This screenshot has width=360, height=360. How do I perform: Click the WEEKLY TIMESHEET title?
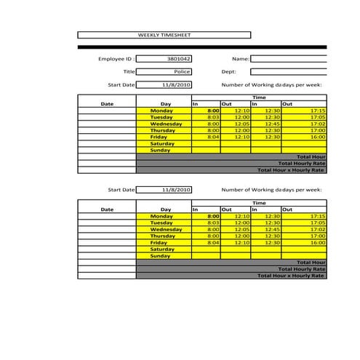click(x=164, y=35)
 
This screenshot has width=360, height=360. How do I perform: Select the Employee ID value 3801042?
click(x=179, y=58)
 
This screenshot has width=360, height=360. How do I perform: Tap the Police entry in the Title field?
click(x=182, y=72)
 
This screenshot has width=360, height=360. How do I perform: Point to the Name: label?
click(x=241, y=58)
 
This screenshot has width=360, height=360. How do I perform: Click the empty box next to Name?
click(x=288, y=58)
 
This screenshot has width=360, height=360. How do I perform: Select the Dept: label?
click(x=229, y=72)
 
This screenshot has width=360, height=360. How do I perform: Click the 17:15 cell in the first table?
click(x=317, y=111)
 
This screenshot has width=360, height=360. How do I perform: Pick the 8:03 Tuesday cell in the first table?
click(x=213, y=117)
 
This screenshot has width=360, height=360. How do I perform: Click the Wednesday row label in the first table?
click(x=166, y=124)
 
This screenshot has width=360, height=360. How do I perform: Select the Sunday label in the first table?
click(x=160, y=150)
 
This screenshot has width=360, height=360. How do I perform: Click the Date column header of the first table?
click(x=107, y=104)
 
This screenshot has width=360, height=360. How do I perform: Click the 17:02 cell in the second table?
click(x=317, y=229)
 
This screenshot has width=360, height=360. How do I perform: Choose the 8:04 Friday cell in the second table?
click(x=213, y=242)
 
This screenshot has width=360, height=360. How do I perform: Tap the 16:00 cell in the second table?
click(x=317, y=242)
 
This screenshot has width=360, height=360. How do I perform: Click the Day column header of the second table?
click(x=166, y=209)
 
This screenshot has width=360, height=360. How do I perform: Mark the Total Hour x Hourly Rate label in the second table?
click(x=291, y=276)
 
